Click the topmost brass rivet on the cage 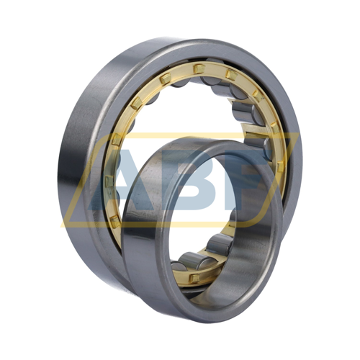pos(199,69)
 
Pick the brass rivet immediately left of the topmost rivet pos(165,78)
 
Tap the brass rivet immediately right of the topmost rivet pos(231,75)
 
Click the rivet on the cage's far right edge pos(280,166)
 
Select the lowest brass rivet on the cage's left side pos(115,221)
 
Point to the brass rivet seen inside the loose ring pos(194,278)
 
